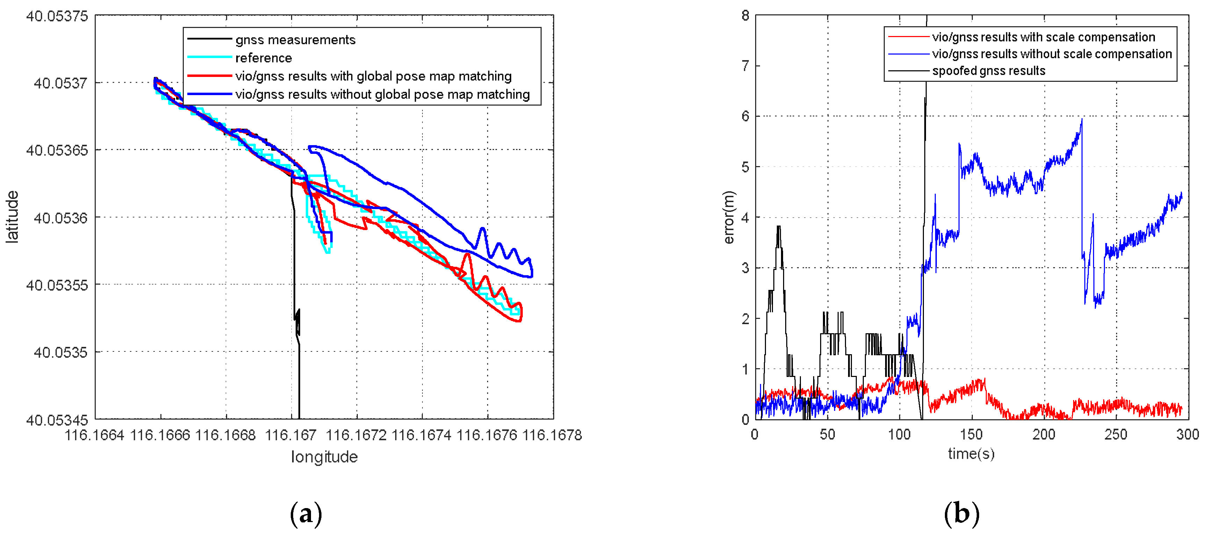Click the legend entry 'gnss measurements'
(295, 40)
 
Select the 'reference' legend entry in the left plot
(263, 58)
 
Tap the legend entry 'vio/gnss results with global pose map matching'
(373, 76)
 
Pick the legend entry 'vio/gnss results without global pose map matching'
(382, 94)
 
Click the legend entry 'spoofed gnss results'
(988, 71)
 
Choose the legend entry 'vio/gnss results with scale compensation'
(1043, 37)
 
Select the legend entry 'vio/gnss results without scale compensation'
(1051, 54)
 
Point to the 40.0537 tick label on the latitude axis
(60, 84)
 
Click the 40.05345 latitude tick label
(57, 420)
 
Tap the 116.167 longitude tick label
(291, 435)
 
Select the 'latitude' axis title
(12, 217)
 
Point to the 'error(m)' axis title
(728, 217)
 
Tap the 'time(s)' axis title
(971, 454)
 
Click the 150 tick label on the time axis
(971, 435)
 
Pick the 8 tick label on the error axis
(745, 16)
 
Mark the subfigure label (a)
(306, 513)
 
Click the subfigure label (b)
(961, 513)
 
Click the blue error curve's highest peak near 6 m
(1082, 119)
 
